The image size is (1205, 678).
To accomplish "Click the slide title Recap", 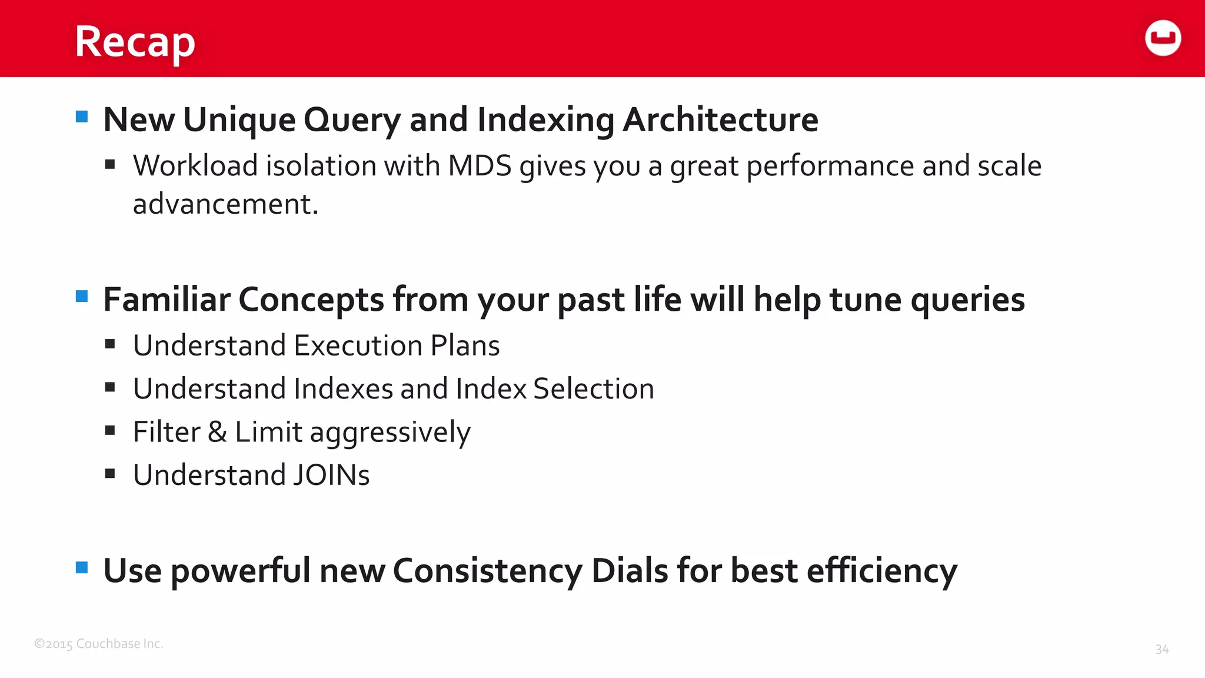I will tap(135, 42).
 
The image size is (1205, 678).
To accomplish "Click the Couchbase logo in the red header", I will tap(1163, 38).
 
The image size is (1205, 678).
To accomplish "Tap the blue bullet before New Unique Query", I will tap(82, 117).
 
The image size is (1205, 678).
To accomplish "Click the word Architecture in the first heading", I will tap(720, 119).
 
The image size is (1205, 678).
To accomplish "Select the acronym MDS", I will tap(480, 166).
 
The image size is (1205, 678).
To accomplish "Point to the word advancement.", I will tap(225, 204).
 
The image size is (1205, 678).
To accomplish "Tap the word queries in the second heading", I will tap(967, 300).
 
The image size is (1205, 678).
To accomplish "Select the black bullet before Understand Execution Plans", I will tap(110, 344).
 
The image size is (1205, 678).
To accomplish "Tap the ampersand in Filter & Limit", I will tap(217, 432).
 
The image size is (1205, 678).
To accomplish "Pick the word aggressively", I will tap(390, 433).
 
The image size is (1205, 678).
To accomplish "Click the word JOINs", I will tap(331, 476).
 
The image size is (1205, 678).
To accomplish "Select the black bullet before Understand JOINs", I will tap(110, 474).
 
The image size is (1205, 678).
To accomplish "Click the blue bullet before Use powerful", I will tap(82, 568).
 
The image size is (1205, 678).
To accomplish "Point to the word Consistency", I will tap(487, 571).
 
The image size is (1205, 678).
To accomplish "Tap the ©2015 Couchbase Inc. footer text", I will tap(99, 644).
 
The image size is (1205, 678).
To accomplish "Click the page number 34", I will tap(1161, 649).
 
